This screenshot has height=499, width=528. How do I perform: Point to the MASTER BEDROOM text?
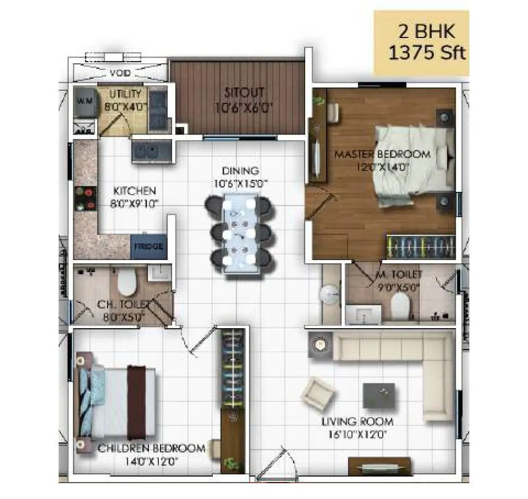coord(383,155)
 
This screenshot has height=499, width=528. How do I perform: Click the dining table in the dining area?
coord(240,232)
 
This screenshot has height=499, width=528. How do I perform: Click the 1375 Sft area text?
coord(428,54)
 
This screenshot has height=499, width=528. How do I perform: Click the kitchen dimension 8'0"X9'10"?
coord(136,202)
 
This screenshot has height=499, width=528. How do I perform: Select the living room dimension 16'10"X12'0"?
coord(359,435)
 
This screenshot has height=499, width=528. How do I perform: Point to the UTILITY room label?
coord(126,94)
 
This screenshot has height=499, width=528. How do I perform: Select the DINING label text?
coord(240,171)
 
